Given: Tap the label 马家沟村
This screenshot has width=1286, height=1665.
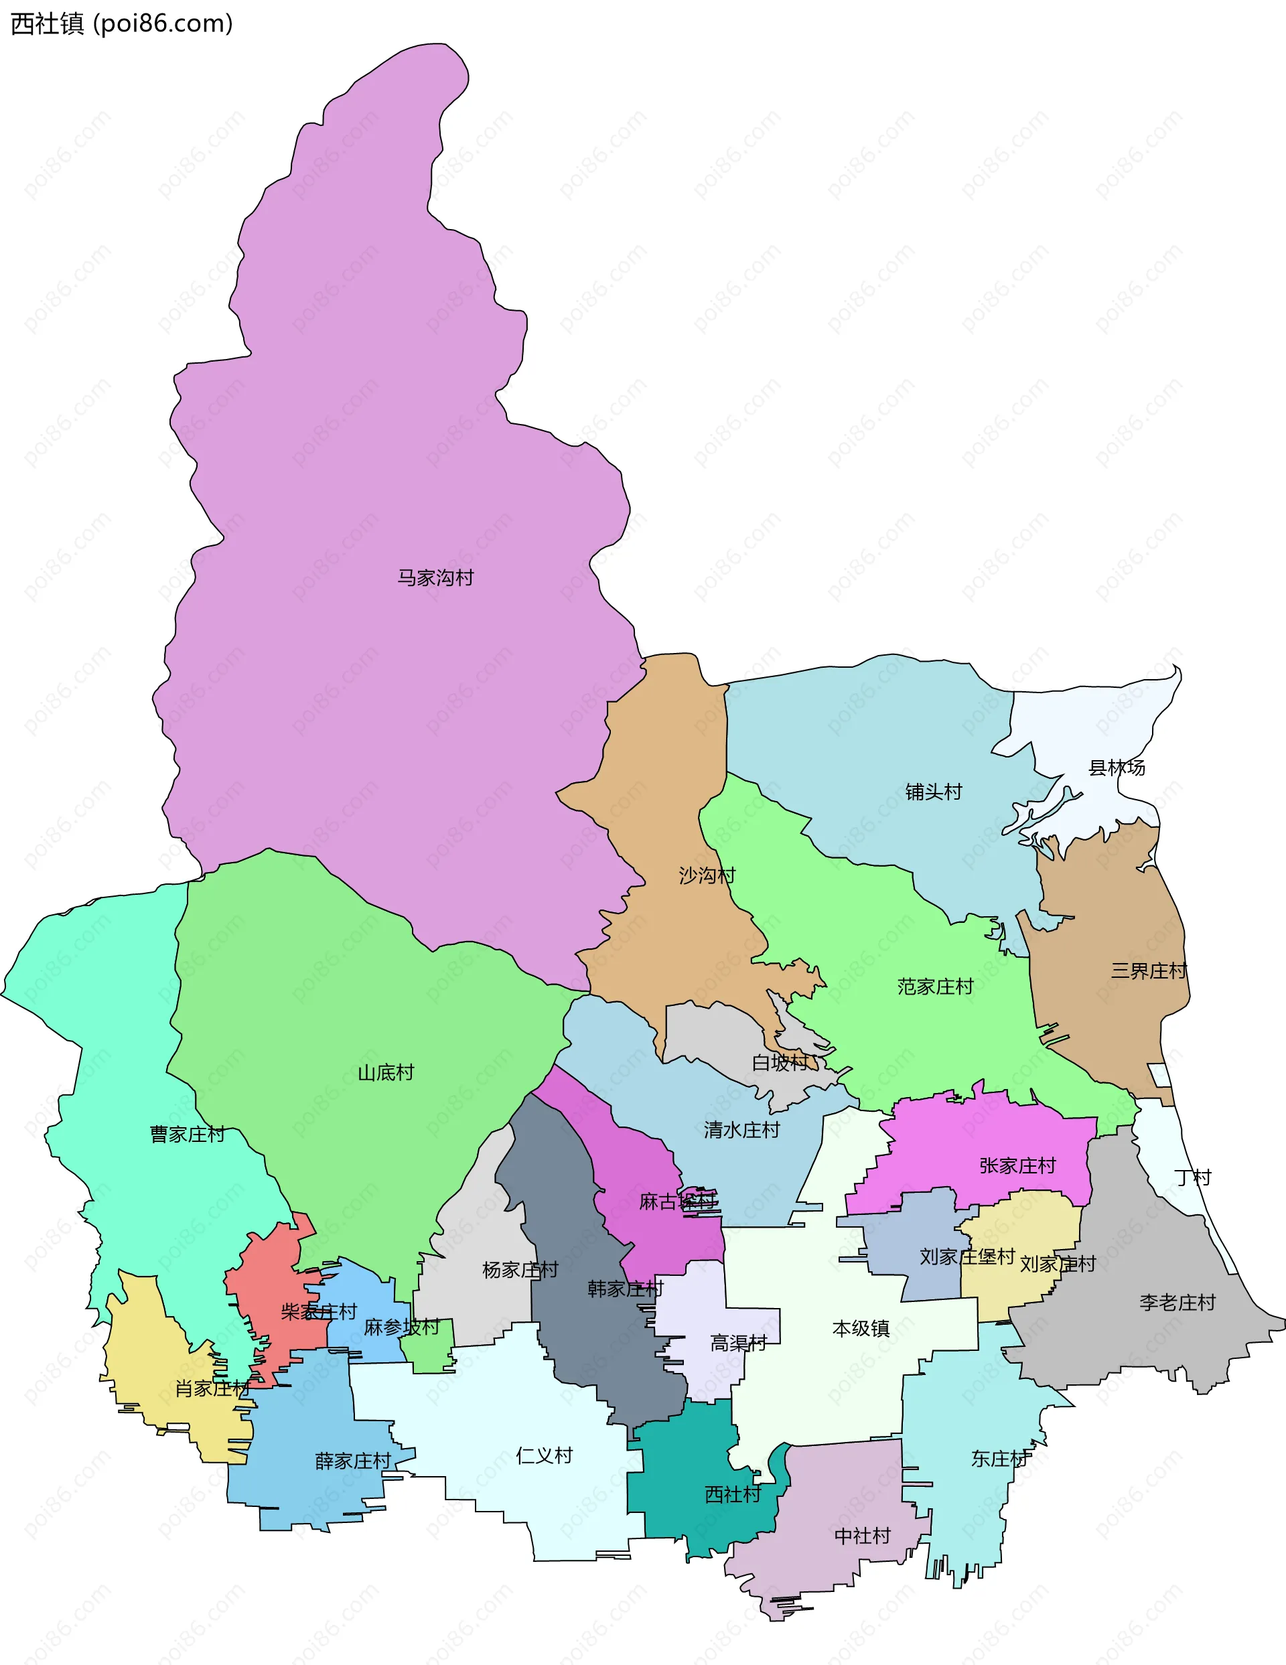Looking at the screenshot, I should click(435, 578).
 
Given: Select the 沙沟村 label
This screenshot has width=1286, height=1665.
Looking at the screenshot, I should click(707, 875).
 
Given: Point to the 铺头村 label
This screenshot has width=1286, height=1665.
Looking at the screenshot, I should click(934, 792).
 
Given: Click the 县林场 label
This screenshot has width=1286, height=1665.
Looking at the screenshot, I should click(1117, 768).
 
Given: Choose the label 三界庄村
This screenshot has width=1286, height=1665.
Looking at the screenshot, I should click(1149, 971).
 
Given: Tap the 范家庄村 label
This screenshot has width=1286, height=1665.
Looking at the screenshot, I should click(935, 987).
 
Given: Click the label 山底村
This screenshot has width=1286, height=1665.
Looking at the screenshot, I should click(386, 1073).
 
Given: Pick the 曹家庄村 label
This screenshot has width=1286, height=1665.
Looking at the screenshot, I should click(188, 1135).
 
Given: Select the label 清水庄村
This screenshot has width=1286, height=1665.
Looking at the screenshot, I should click(741, 1130).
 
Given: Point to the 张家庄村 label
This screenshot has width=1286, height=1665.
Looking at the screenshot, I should click(1017, 1165).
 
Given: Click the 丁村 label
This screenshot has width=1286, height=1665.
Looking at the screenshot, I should click(1193, 1178).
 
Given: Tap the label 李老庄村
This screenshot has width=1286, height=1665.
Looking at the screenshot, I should click(1177, 1302).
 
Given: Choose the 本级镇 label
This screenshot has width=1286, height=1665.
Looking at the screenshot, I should click(861, 1329).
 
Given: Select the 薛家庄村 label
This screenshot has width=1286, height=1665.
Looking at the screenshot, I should click(353, 1461).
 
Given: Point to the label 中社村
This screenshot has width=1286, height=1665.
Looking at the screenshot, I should click(863, 1535).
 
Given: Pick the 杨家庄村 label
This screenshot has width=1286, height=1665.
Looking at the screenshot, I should click(520, 1270).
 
